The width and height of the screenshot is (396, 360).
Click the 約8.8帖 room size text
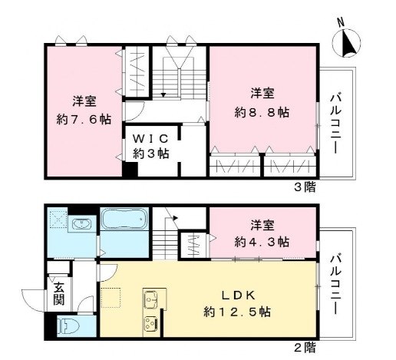click(x=262, y=112)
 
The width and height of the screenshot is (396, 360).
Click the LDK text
click(x=238, y=296)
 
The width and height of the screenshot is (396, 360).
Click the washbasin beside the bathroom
click(x=81, y=224)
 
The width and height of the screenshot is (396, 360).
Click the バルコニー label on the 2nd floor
click(x=335, y=283)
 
